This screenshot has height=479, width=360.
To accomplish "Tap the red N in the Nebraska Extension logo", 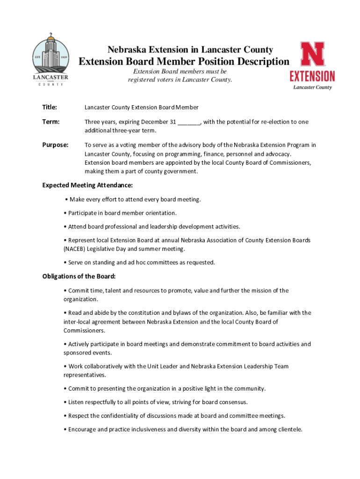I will point(312,55).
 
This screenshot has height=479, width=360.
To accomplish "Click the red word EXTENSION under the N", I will point(312,76).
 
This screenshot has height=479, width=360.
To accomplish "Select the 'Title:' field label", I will point(50,108).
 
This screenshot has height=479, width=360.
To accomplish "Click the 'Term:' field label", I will point(50,122).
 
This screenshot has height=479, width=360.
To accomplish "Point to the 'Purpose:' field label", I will point(55,145).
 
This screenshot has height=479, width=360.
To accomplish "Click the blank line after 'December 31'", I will point(188,123).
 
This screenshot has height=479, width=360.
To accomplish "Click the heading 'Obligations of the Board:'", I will point(79,276).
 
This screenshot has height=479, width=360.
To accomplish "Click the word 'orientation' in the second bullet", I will point(160,213).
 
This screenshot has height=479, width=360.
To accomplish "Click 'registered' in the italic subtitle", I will point(142,80).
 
